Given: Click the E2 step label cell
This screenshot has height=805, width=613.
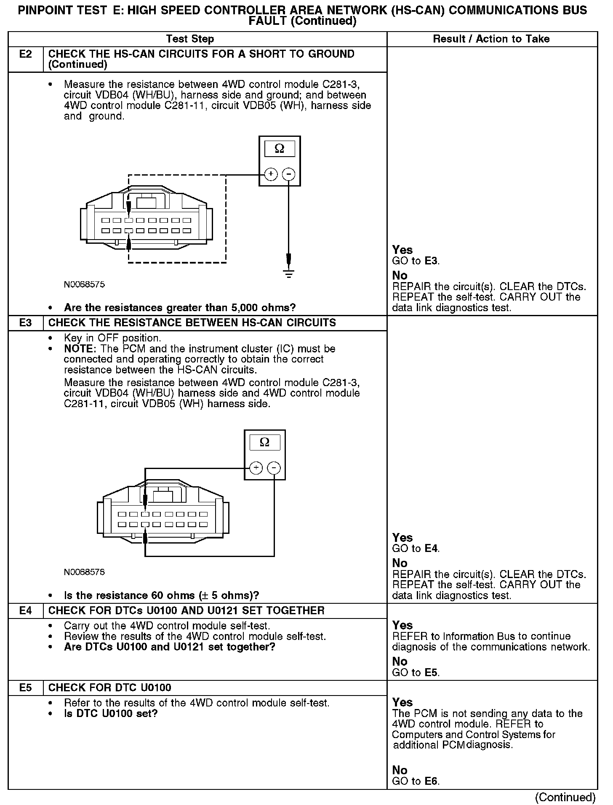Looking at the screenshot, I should (x=26, y=54).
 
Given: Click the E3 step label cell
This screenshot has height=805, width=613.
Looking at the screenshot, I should (x=26, y=323).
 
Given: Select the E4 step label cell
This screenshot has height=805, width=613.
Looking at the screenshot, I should (x=26, y=610).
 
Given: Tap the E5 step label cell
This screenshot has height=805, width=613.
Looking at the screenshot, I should (x=26, y=688).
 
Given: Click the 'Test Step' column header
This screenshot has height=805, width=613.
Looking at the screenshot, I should (x=190, y=39).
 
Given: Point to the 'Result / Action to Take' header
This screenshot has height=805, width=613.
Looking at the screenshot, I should (x=491, y=39).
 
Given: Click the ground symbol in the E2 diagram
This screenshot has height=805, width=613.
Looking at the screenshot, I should (x=289, y=273).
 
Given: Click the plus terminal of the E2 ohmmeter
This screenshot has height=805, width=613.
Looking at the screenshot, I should (x=271, y=174).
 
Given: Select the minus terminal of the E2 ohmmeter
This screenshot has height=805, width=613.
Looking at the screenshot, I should (x=288, y=174).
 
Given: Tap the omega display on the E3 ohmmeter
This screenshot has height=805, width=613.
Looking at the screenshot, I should (x=264, y=442).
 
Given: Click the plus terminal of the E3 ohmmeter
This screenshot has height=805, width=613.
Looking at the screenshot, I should (x=256, y=468).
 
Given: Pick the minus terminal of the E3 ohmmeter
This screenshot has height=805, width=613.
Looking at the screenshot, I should (x=274, y=468).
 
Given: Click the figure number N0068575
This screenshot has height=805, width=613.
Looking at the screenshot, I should (x=84, y=285).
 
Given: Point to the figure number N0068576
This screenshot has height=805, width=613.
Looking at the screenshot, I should (x=84, y=572).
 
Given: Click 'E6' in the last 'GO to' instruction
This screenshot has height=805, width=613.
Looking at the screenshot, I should (x=432, y=781).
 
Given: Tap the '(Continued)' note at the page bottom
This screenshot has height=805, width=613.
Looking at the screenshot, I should (x=565, y=797).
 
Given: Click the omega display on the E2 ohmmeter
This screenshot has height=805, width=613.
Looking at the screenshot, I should (x=279, y=149).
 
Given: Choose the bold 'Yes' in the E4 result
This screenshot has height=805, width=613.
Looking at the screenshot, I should (x=402, y=625).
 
